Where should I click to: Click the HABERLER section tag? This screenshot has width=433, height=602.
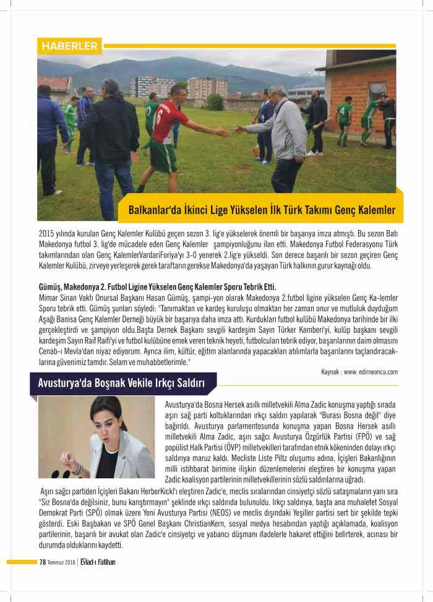click(x=69, y=46)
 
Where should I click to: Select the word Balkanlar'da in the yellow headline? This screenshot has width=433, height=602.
click(x=154, y=210)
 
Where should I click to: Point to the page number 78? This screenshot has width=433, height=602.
click(x=43, y=562)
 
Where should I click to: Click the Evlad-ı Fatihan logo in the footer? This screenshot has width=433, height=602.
click(x=98, y=562)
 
